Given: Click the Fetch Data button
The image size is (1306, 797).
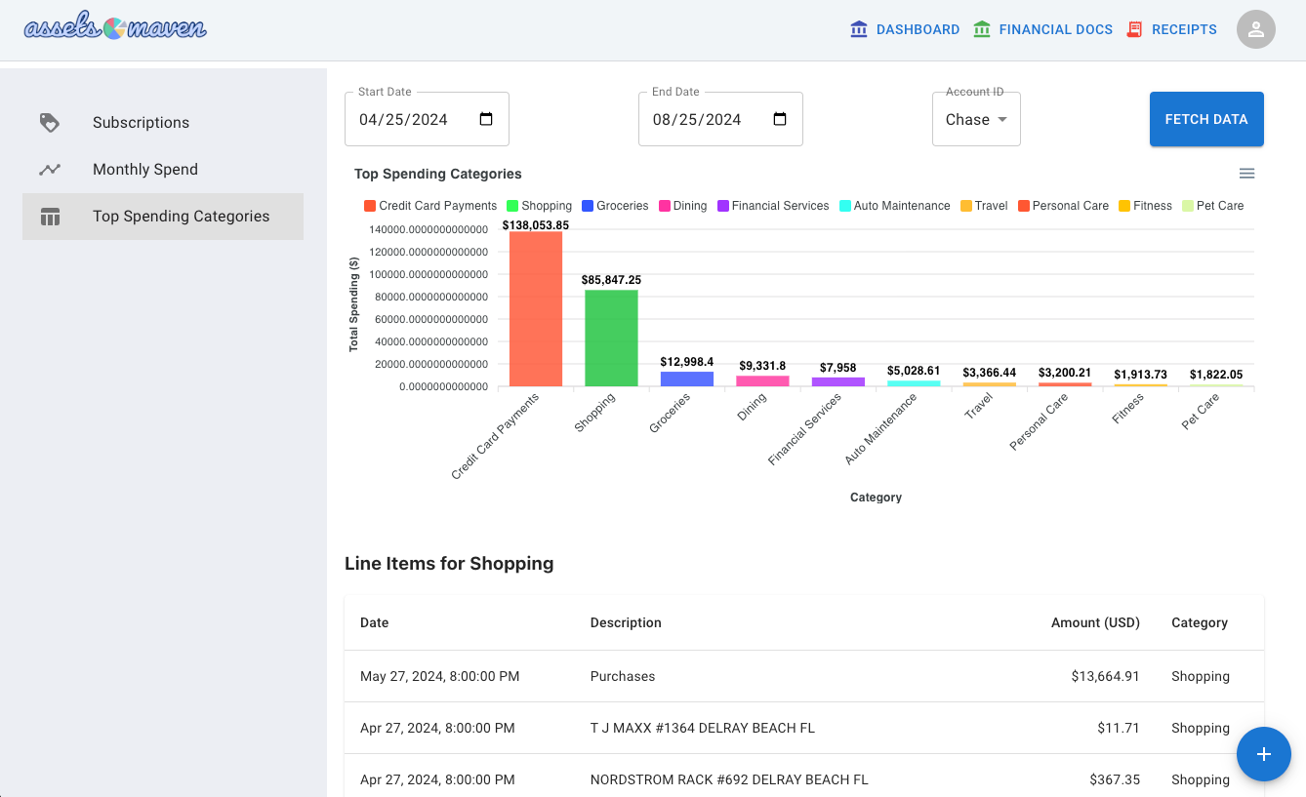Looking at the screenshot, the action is click(1206, 119).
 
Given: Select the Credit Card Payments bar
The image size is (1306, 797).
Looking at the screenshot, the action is click(536, 309).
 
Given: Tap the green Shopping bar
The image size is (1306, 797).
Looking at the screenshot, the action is click(611, 338).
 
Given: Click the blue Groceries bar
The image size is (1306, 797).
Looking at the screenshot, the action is click(687, 379).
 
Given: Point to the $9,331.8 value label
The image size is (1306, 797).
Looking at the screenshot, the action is click(762, 366).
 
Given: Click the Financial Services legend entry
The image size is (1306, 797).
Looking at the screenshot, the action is click(773, 206).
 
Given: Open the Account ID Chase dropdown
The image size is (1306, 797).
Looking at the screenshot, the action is click(976, 119).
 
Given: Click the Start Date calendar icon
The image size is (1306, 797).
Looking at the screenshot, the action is click(486, 119).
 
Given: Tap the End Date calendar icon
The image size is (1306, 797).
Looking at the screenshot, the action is click(780, 119).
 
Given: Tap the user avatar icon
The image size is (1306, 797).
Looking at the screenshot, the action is click(1256, 29).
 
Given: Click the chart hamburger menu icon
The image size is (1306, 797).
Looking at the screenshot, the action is click(1247, 174).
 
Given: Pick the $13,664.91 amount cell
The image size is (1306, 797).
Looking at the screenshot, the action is click(1105, 676).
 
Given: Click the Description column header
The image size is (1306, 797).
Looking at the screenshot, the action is click(626, 622).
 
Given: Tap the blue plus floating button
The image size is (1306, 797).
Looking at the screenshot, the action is click(1263, 754).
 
